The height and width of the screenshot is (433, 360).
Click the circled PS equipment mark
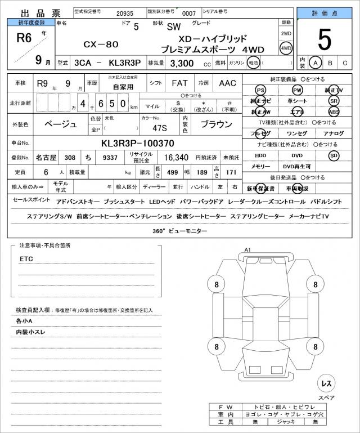point(260,91)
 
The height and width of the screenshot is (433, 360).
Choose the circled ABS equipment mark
point(334,111)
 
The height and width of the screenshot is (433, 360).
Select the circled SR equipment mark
point(334,101)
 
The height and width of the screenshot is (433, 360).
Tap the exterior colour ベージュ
point(61,124)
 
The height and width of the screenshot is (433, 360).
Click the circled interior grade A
point(316,63)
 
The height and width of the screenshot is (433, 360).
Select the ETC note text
point(26,258)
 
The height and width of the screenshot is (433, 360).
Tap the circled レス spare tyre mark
point(326,383)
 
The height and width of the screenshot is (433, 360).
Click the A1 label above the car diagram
point(247,249)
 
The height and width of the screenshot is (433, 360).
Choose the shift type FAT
point(179,83)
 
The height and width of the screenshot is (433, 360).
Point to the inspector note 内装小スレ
point(31,332)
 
